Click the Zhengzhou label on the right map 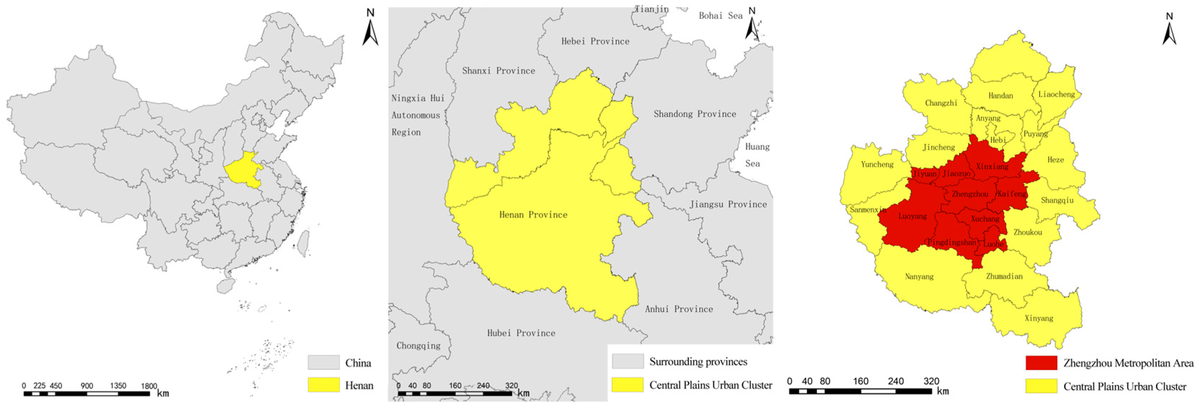[970, 194]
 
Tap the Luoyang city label [912, 216]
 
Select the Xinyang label [1039, 318]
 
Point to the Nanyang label [919, 276]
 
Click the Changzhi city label [941, 103]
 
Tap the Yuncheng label [877, 164]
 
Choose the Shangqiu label [1057, 200]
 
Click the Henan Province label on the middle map [533, 215]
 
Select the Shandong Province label [694, 114]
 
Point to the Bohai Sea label [720, 16]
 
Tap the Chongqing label [418, 345]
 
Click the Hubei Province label [521, 333]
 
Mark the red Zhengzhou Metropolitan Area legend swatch [1041, 363]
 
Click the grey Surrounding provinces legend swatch [627, 361]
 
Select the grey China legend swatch [323, 363]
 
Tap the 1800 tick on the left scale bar [149, 386]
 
